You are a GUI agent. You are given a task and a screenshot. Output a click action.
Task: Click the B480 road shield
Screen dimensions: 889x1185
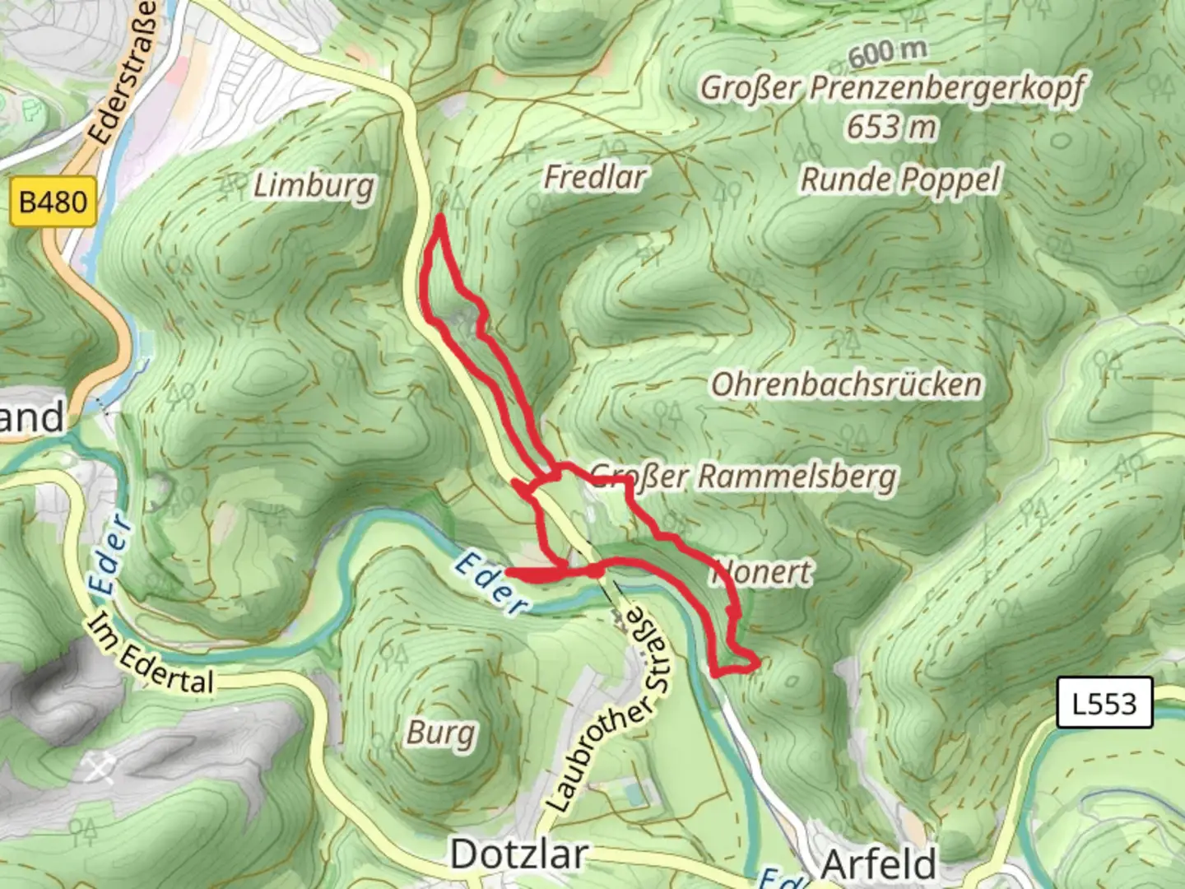tap(53, 202)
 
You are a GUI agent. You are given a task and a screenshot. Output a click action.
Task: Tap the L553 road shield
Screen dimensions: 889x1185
tap(1104, 704)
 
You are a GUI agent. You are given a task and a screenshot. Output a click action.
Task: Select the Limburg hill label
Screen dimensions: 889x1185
tap(314, 186)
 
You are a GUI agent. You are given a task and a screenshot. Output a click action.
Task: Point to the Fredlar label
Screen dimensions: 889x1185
tap(595, 177)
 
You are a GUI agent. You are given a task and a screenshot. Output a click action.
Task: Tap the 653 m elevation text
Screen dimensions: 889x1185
tap(892, 128)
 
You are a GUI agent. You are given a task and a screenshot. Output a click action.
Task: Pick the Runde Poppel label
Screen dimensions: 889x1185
tap(901, 179)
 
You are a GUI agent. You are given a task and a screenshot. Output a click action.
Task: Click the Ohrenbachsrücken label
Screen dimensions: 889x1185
tap(847, 385)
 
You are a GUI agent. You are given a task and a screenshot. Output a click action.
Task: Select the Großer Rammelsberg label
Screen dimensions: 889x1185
tap(745, 477)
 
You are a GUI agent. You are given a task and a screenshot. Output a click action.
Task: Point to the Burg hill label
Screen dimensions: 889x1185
tap(441, 733)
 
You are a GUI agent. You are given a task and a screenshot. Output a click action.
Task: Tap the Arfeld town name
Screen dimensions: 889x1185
tap(879, 864)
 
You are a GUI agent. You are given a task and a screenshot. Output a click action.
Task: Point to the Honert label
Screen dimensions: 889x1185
tap(765, 572)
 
